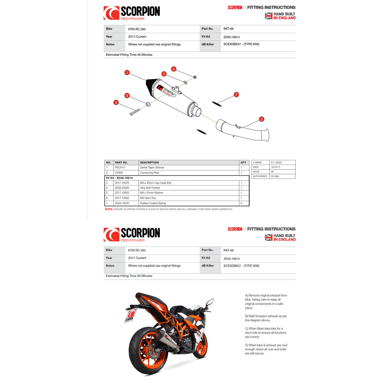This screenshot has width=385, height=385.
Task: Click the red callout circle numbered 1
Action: [x=127, y=72]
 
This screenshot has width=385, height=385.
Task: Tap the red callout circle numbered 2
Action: [x=261, y=119]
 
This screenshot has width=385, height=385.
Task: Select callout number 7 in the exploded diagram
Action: [x=236, y=94]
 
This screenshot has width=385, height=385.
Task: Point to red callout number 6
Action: [x=174, y=69]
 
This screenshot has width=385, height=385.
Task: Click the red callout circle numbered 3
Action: [x=115, y=102]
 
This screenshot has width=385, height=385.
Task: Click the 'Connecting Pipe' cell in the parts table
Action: [x=150, y=173]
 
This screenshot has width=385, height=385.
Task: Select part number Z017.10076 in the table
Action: [x=122, y=183]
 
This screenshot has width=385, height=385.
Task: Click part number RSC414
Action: [x=120, y=168]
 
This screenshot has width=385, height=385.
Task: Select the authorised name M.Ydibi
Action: [x=276, y=176]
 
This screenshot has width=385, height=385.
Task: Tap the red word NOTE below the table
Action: [x=109, y=209]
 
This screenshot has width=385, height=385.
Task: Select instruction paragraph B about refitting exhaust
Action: [x=266, y=318]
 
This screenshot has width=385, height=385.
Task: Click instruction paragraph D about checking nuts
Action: [x=266, y=349]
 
